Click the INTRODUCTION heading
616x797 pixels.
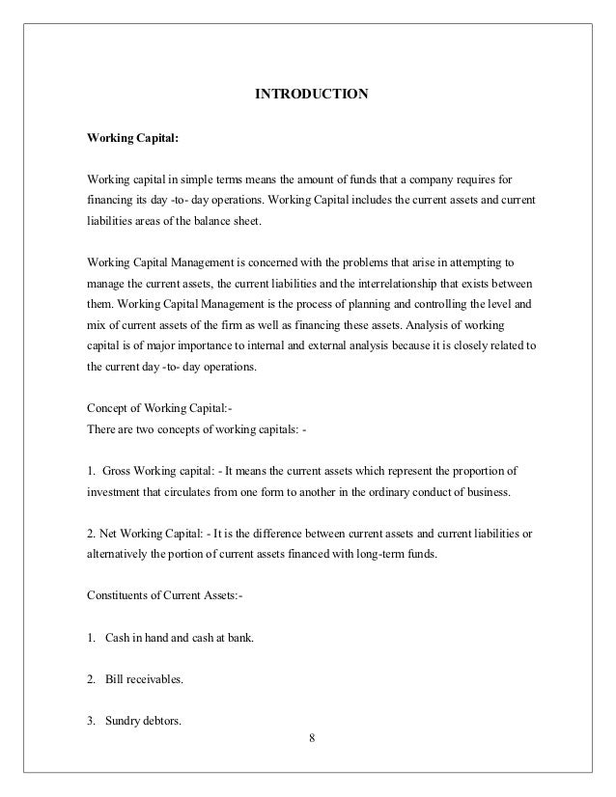pyautogui.click(x=310, y=95)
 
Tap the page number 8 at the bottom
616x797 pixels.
pyautogui.click(x=311, y=738)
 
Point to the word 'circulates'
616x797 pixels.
pyautogui.click(x=197, y=492)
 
